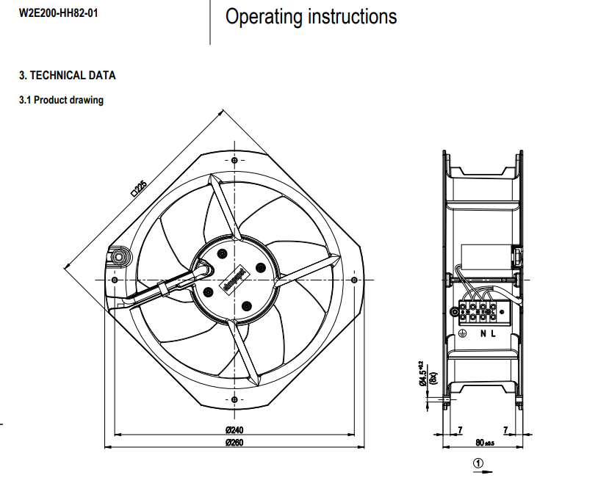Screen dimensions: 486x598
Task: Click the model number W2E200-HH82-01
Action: [57, 12]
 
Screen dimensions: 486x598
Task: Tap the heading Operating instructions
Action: [311, 17]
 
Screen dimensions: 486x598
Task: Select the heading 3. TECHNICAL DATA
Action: [67, 76]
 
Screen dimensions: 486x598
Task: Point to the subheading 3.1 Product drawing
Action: [61, 101]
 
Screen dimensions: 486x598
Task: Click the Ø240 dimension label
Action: [234, 429]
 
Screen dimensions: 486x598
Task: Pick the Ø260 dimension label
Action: [234, 442]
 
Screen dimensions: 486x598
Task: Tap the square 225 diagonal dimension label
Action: [138, 189]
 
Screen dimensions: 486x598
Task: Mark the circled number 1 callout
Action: [478, 463]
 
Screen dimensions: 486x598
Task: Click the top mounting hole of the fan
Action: [234, 160]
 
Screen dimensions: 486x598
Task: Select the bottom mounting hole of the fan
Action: [234, 399]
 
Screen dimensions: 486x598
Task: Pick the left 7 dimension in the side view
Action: [460, 429]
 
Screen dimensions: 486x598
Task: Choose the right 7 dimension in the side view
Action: [505, 429]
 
